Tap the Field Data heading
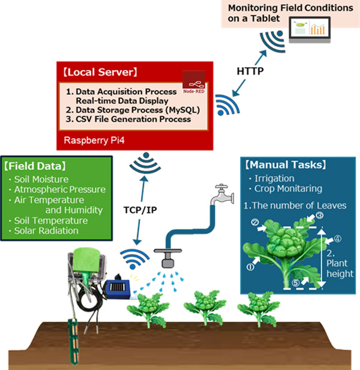tap(35, 166)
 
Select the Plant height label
tap(335, 267)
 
